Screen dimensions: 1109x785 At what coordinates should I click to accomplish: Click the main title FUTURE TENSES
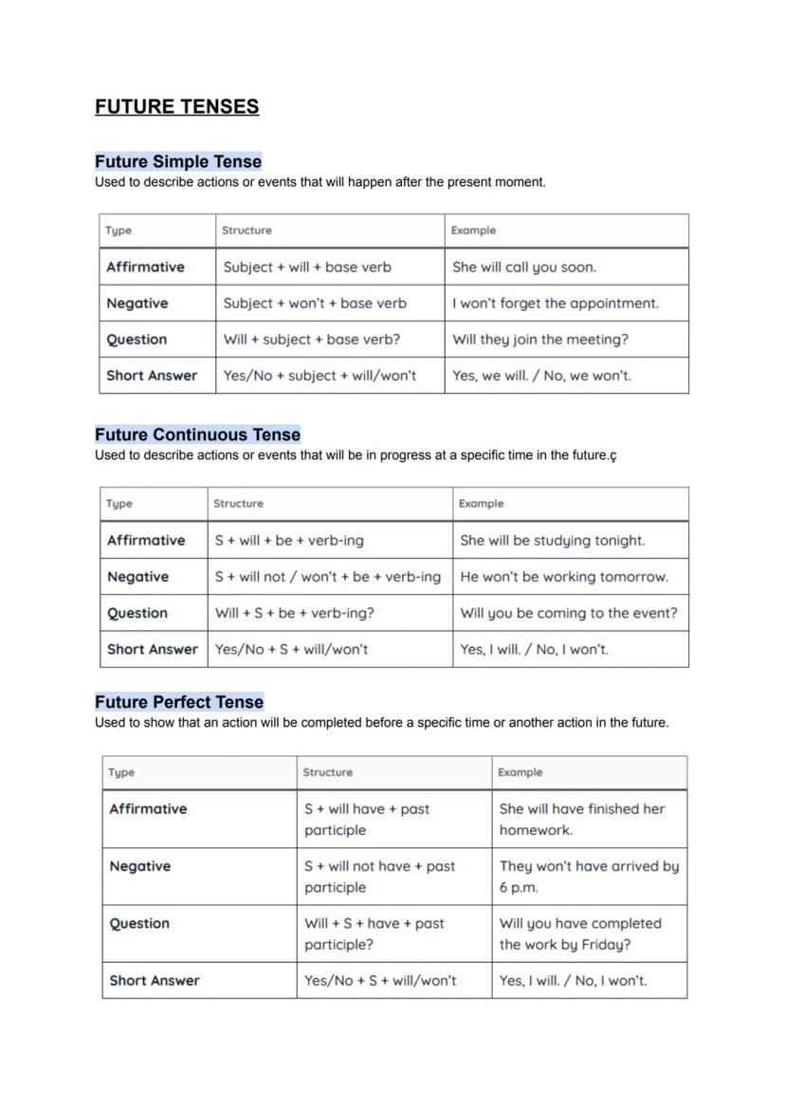point(176,106)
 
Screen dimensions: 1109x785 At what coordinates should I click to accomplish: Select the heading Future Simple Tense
point(177,161)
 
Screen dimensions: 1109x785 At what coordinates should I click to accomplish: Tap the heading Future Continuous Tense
point(197,434)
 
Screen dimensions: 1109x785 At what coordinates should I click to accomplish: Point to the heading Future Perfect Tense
point(178,702)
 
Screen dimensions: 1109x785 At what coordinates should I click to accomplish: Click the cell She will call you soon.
point(524,268)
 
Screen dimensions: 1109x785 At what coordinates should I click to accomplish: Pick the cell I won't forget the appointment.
point(555,304)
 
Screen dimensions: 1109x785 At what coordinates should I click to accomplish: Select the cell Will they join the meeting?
point(540,340)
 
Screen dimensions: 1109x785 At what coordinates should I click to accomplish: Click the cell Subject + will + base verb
point(307,268)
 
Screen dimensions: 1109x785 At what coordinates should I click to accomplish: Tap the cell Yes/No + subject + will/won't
point(319,376)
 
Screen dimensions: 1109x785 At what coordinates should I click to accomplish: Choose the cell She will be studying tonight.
point(552,541)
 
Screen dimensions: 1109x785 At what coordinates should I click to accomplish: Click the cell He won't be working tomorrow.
point(564,577)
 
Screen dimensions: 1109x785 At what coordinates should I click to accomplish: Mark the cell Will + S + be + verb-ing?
point(295,613)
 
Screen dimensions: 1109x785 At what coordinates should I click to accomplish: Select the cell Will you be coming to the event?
point(569,613)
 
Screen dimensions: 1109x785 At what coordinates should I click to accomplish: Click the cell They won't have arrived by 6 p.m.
point(589,877)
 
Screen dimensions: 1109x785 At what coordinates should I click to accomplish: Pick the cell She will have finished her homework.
point(582,820)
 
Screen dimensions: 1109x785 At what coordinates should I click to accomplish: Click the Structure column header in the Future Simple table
point(246,231)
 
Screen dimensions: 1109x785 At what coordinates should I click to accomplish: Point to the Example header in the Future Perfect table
point(520,772)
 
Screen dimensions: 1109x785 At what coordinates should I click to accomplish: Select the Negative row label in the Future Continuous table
point(137,577)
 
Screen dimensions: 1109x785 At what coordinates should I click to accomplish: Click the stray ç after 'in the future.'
point(613,456)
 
